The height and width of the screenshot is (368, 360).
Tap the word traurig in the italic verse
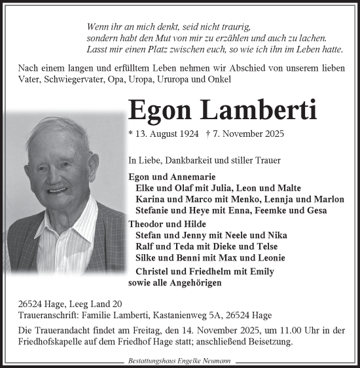tap(232, 28)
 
